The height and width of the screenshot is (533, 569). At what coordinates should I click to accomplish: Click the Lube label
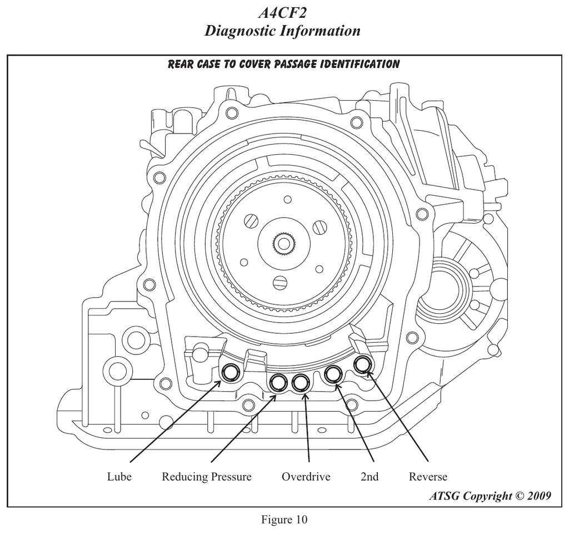coord(119,476)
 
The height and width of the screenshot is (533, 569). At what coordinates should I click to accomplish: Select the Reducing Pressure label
coord(207,476)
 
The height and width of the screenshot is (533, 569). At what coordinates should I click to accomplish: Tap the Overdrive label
coord(306,476)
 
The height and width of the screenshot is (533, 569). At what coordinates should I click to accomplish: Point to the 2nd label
coord(370,476)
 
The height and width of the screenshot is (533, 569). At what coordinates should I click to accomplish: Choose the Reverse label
coord(428,476)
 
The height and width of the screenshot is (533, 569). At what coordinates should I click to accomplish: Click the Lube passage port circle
coord(231,372)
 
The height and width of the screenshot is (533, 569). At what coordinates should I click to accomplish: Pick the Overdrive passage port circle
coord(301,382)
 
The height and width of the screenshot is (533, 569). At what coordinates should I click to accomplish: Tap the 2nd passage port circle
coord(333,374)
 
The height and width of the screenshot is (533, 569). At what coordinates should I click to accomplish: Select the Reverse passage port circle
coord(362,364)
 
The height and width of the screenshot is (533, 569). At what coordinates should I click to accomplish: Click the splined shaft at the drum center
coord(284,243)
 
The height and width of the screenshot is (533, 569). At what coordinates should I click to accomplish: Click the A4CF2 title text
coord(282,13)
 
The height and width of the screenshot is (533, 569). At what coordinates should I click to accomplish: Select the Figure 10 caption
coord(284,519)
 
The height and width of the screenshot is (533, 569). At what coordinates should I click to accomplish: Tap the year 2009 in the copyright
coord(539,496)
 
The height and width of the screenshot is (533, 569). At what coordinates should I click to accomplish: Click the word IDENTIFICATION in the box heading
coord(360,64)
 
